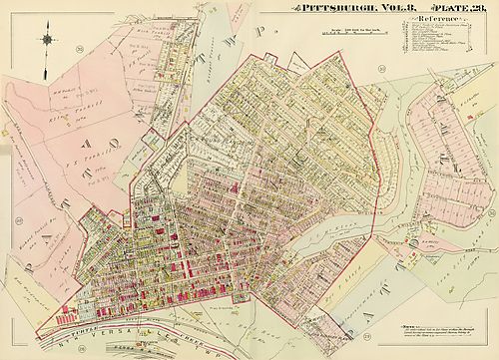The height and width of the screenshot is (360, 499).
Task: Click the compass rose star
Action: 48,41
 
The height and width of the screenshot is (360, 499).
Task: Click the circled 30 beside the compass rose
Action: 79,48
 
